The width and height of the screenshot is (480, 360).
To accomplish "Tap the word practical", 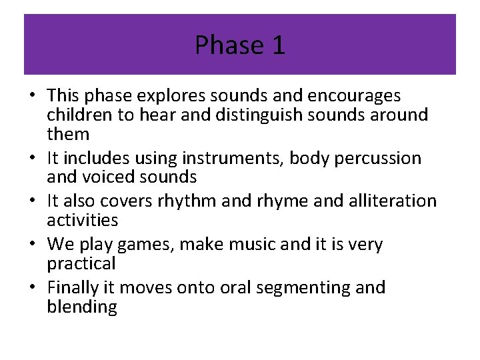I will pyautogui.click(x=81, y=263).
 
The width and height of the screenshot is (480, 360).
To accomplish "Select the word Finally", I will pyautogui.click(x=74, y=287).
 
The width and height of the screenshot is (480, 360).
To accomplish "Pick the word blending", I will pyautogui.click(x=82, y=307).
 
